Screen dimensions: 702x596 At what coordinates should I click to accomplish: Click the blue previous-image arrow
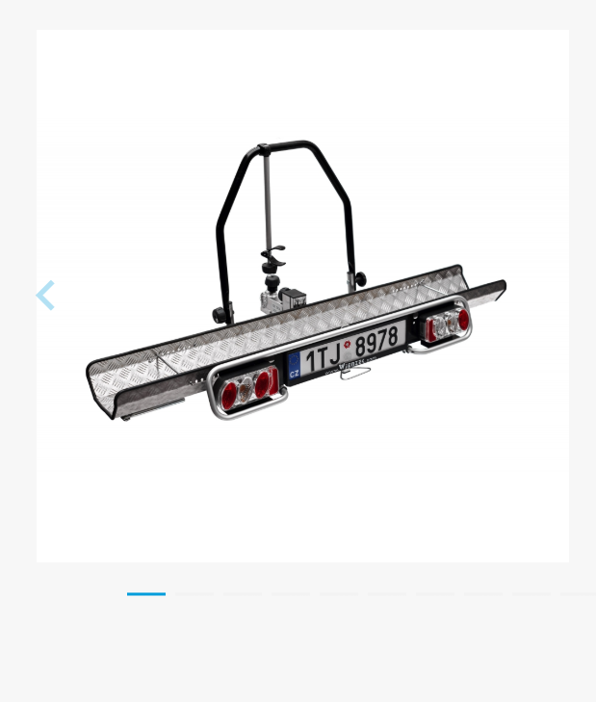(x=45, y=296)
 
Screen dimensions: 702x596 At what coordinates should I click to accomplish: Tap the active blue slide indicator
(x=146, y=594)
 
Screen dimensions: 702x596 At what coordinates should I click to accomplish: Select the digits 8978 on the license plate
(x=376, y=342)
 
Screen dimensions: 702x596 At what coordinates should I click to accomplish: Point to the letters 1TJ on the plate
(x=324, y=357)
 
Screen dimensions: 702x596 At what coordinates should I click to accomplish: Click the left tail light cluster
(x=248, y=388)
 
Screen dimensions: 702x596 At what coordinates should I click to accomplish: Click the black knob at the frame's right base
(x=360, y=279)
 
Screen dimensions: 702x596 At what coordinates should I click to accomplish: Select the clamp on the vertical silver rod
(x=273, y=258)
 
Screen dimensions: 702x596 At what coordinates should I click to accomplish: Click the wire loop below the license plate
(x=354, y=373)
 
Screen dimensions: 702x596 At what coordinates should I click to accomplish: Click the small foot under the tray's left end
(x=125, y=417)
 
